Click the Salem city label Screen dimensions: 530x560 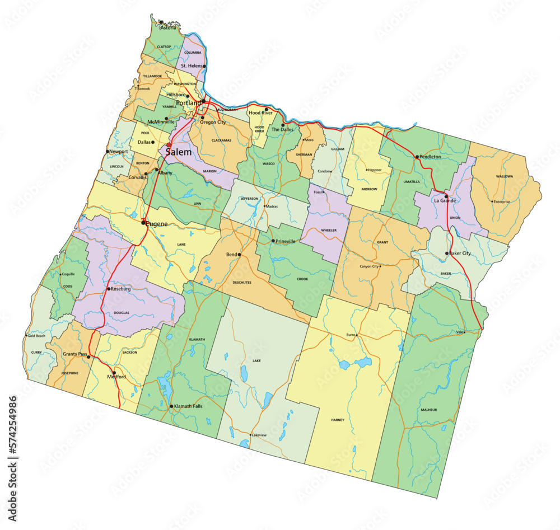(x=178, y=152)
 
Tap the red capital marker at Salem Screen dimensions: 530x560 (x=169, y=145)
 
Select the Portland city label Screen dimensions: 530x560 (x=189, y=104)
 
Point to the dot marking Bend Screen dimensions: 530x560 (x=239, y=255)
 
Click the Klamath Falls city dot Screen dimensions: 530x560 (x=171, y=406)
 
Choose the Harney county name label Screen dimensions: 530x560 (x=338, y=420)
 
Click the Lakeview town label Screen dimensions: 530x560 (x=259, y=435)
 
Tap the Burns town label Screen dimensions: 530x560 (x=351, y=335)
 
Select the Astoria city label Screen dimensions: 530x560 (x=168, y=27)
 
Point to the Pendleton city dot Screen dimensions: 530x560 (x=417, y=157)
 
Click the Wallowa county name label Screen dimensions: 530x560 (x=504, y=176)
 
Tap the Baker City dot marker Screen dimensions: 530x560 (x=447, y=254)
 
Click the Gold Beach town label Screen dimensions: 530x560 (x=36, y=336)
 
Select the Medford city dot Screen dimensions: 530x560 (x=114, y=373)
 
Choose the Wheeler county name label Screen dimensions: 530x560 (x=328, y=230)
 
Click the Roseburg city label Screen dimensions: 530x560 (x=120, y=289)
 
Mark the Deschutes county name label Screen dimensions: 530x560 (x=241, y=283)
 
